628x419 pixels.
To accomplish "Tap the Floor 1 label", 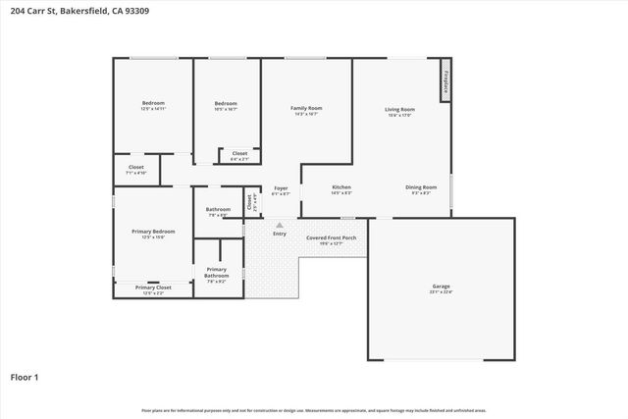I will pos(24,377).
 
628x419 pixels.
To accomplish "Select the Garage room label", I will pos(441,288).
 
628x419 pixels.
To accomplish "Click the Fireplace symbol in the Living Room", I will pos(445,81).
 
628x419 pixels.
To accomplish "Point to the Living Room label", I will pos(399,110).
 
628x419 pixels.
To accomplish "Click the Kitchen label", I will pos(340,187).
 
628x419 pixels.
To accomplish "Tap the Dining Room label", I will pos(421,187).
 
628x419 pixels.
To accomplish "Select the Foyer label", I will pos(281,187).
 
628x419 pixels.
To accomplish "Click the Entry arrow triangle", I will pos(280,225).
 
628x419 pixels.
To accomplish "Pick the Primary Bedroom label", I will pos(152,232).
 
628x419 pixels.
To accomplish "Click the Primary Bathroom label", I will pos(216,273).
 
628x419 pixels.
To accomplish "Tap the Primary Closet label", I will pos(152,288).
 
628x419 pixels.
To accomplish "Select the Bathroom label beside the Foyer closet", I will pos(218,209).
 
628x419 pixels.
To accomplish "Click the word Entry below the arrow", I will pos(280,234).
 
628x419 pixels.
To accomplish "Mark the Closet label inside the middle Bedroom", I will pos(239,153).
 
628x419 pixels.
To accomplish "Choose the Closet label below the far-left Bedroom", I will pos(136,168).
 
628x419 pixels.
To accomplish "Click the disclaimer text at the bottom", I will pos(314,410).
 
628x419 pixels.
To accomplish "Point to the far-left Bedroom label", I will pos(152,103).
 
